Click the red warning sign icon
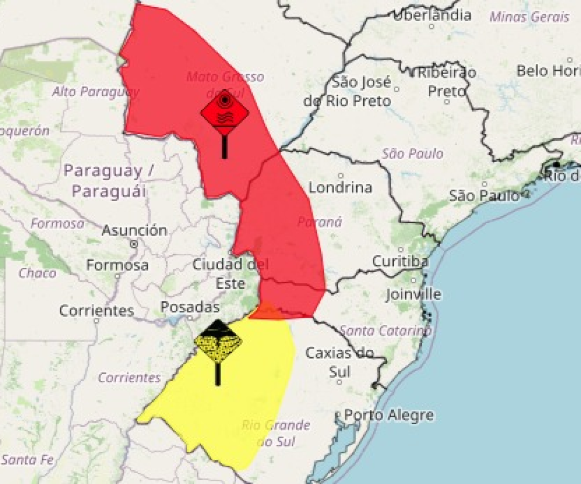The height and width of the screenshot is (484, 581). [224, 113]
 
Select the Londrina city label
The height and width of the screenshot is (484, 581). [340, 187]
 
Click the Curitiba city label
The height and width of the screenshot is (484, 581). [400, 262]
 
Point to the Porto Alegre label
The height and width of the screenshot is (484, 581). [388, 415]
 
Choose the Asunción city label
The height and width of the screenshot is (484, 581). [134, 231]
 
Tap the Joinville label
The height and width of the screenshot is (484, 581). [413, 294]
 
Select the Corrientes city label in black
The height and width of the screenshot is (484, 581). [97, 311]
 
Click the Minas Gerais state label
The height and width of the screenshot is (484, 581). [529, 17]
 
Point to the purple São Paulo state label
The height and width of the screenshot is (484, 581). [413, 154]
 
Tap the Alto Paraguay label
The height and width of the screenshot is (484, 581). [95, 92]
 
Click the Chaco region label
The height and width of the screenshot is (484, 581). [37, 273]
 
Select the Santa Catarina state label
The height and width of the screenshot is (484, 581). [385, 331]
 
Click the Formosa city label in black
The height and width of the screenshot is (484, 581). [117, 265]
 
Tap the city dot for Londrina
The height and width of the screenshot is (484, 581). [340, 176]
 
